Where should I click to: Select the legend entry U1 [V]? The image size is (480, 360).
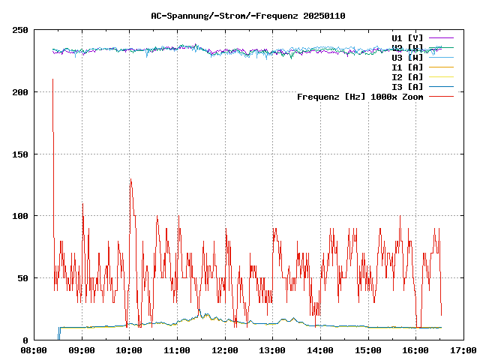407,37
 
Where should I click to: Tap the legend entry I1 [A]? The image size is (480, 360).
407,67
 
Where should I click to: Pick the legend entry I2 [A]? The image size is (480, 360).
407,76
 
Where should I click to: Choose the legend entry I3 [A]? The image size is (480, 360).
407,86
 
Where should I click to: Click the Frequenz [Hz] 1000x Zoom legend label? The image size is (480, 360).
360,96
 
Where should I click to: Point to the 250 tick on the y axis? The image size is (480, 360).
20,30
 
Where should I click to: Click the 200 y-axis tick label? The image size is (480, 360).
20,92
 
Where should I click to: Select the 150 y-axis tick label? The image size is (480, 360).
20,154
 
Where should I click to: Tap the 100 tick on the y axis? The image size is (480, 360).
20,216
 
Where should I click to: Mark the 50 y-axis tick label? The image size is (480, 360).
22,278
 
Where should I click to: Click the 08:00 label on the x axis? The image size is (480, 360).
34,350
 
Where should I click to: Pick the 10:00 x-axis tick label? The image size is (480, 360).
129,350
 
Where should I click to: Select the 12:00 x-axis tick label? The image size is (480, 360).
224,350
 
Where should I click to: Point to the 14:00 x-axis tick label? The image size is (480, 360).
320,350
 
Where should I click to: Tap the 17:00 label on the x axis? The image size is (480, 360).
463,350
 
